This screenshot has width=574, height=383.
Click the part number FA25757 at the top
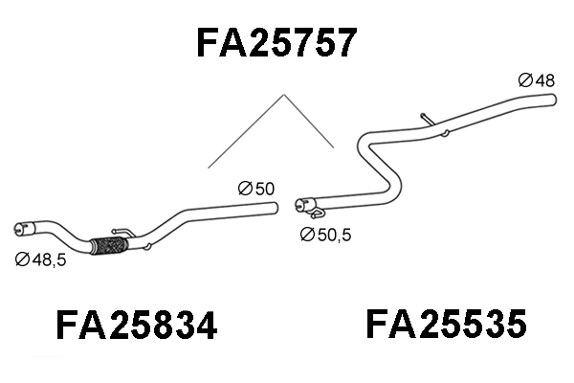(x=277, y=42)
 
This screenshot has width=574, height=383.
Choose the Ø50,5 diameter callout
(x=326, y=234)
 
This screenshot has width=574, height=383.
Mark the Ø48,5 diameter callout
(x=40, y=258)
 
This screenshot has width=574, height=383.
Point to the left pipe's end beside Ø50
(x=275, y=206)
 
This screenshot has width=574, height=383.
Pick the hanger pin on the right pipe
(x=427, y=119)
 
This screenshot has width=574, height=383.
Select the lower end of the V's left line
(x=209, y=169)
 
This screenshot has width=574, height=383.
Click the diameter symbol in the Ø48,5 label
(x=21, y=258)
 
